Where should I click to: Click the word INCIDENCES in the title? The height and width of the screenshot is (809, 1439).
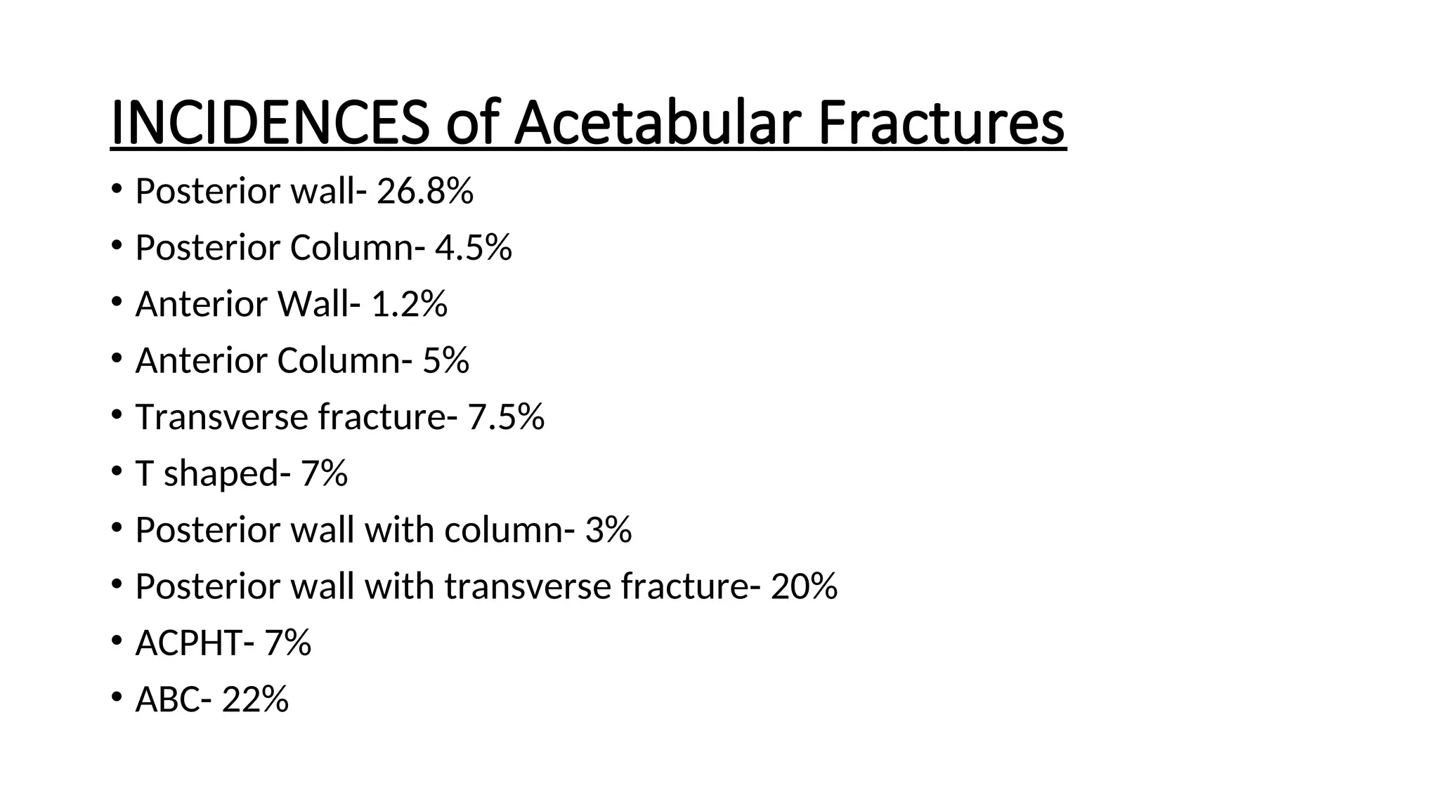click(270, 124)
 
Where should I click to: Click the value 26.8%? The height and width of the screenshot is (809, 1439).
click(425, 191)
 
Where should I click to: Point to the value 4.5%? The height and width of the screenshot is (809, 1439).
click(474, 247)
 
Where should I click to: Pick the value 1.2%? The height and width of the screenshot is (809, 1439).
click(409, 304)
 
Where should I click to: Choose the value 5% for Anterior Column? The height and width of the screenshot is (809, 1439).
click(445, 360)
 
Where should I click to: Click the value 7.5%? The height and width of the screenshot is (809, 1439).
click(506, 417)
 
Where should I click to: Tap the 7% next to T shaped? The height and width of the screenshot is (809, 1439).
click(324, 473)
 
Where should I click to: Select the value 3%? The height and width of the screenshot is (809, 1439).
click(608, 530)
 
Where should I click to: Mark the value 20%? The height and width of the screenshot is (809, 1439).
click(804, 586)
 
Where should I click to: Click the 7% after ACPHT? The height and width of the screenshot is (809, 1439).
click(287, 643)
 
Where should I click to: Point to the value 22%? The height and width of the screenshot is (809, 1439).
click(255, 699)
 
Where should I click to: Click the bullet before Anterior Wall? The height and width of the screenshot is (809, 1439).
click(117, 301)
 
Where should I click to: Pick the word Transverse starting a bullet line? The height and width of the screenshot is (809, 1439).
click(221, 417)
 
